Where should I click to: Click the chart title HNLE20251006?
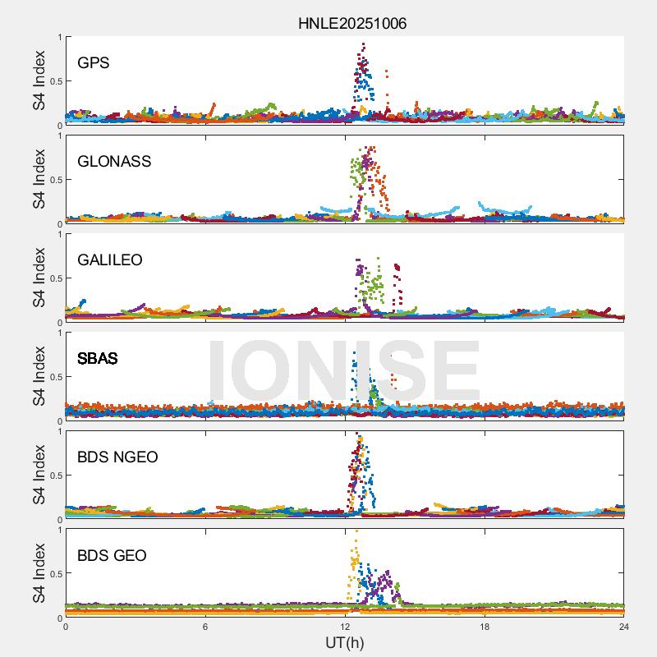[x=351, y=23]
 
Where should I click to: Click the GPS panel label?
[x=93, y=63]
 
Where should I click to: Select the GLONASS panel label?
[x=114, y=162]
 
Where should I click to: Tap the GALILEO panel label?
[x=109, y=260]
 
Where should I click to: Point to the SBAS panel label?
[x=97, y=359]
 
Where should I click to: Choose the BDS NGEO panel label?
[x=117, y=457]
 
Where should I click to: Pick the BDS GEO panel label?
[x=112, y=556]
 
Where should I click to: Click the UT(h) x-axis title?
[x=345, y=642]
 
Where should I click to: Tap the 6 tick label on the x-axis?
[x=205, y=627]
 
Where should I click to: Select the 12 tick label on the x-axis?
[x=345, y=627]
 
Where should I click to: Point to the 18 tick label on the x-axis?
[x=485, y=627]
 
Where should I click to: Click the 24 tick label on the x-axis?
[x=623, y=627]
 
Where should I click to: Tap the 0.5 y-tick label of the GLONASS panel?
[x=53, y=180]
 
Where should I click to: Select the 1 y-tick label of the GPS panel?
[x=58, y=37]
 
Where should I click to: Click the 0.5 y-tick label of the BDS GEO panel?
[x=53, y=574]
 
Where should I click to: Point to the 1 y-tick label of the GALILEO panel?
[x=58, y=234]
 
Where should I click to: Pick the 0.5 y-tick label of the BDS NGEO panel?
[x=53, y=476]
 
